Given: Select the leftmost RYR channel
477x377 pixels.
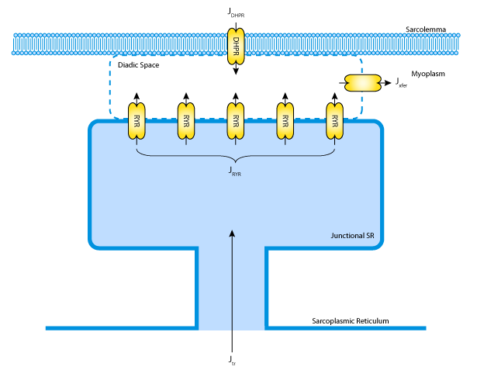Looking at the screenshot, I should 137,122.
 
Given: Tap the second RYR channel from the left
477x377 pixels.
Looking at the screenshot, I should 186,122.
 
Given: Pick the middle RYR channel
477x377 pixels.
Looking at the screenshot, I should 236,122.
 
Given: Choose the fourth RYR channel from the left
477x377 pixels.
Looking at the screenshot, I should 285,122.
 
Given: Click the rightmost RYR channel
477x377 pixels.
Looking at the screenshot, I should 334,122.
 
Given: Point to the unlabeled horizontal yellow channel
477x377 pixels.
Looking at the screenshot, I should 362,82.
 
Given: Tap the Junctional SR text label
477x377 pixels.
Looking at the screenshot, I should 352,236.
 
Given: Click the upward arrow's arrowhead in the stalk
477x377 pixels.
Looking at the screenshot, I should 232,233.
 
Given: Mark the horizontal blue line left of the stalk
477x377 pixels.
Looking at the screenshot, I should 120,328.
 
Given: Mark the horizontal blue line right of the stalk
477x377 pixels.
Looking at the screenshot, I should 346,328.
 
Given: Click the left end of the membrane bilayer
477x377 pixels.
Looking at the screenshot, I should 16,44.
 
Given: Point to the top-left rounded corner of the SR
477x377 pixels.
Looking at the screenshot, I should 95,126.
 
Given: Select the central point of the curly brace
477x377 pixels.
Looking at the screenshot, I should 236,160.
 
